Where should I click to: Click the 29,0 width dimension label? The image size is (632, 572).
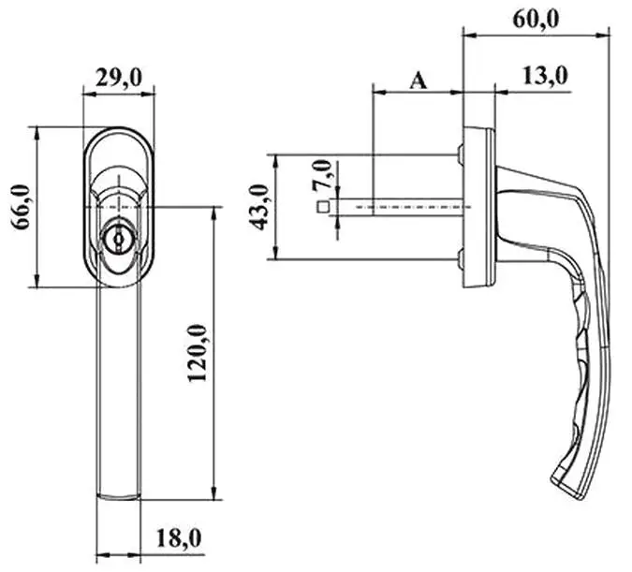tap(119, 78)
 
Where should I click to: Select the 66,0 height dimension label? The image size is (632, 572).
tap(21, 207)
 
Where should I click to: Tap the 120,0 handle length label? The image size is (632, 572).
tap(198, 353)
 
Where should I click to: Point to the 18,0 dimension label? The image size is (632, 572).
tap(179, 538)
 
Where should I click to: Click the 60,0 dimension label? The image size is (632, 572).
tap(536, 19)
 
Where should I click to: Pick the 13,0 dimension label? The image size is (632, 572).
tap(545, 76)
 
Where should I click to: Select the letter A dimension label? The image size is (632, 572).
tap(418, 81)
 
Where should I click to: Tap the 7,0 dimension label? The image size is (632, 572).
tap(321, 174)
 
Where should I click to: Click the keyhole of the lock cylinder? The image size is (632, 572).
tap(119, 240)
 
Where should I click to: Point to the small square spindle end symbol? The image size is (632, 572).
tap(323, 207)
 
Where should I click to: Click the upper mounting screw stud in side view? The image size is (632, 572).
tap(460, 154)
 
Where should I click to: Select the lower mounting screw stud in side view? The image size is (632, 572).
tap(460, 259)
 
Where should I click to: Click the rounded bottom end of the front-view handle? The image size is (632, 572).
tap(119, 497)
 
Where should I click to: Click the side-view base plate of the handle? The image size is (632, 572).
tap(478, 208)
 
